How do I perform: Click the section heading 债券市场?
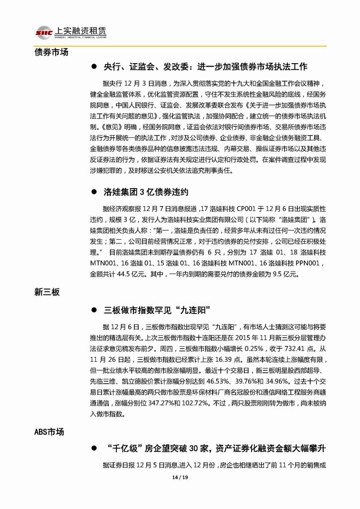(x=51, y=52)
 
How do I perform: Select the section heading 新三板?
(x=47, y=292)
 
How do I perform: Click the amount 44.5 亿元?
(x=143, y=274)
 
